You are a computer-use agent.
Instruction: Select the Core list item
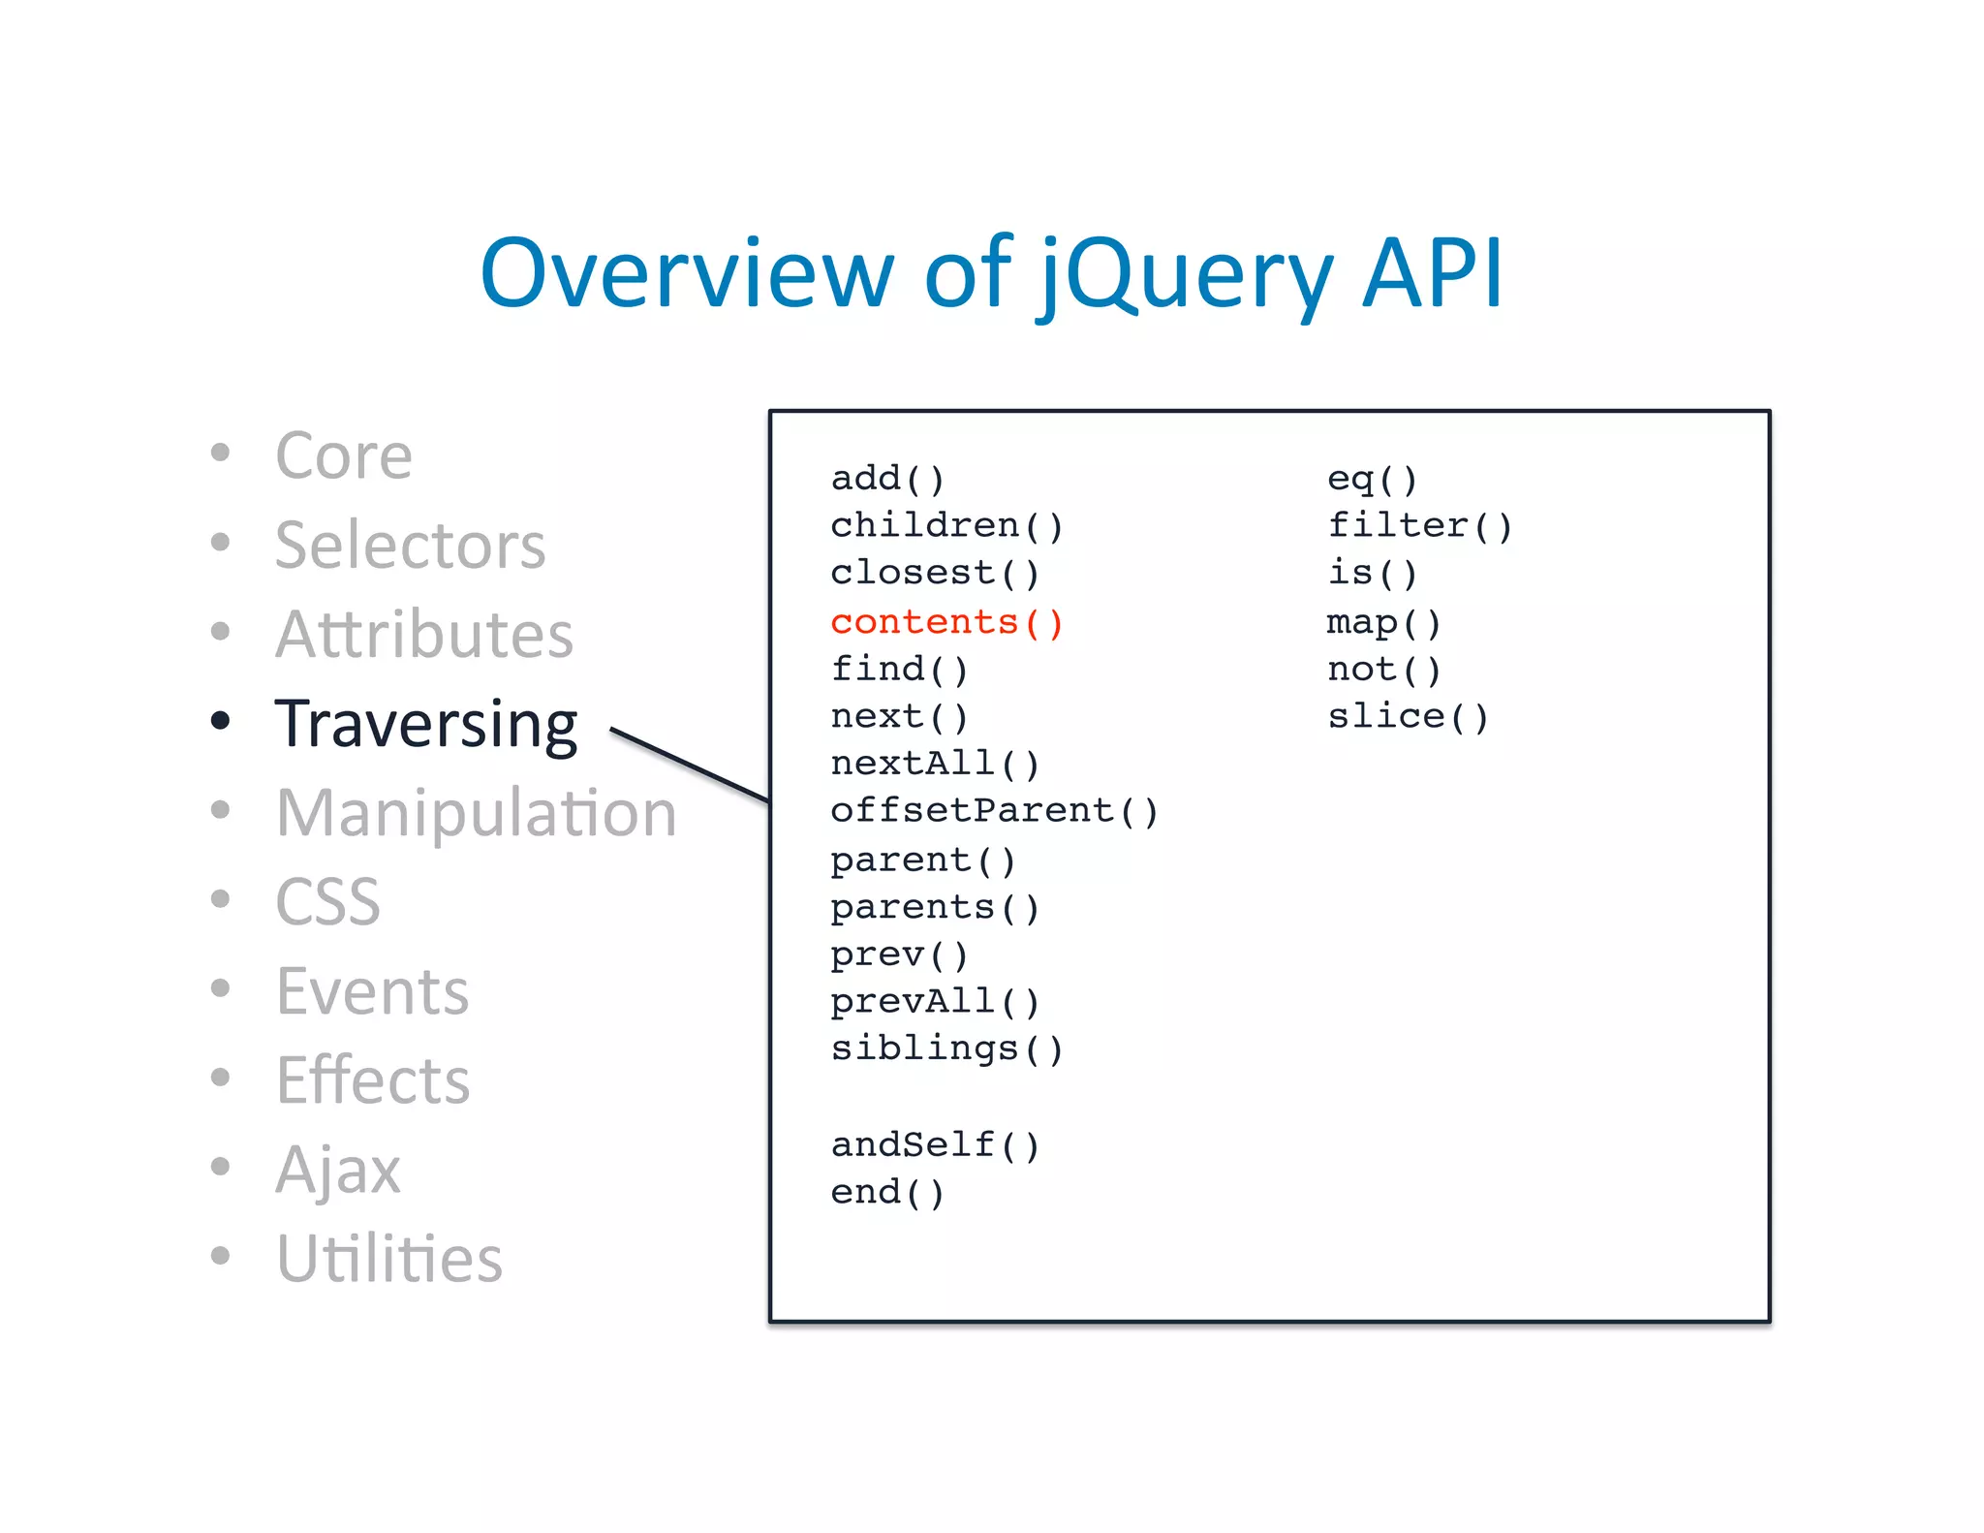pyautogui.click(x=344, y=455)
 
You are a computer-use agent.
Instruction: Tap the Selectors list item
pyautogui.click(x=410, y=545)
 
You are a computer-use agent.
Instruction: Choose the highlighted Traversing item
pyautogui.click(x=426, y=724)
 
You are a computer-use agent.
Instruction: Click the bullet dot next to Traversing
pyautogui.click(x=221, y=720)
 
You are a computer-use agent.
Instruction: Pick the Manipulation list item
pyautogui.click(x=476, y=813)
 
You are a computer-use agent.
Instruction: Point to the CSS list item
pyautogui.click(x=327, y=902)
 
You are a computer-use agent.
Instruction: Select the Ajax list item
pyautogui.click(x=337, y=1170)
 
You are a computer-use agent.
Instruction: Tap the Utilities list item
pyautogui.click(x=388, y=1259)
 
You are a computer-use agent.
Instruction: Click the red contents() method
pyautogui.click(x=946, y=622)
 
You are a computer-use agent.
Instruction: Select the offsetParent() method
pyautogui.click(x=994, y=810)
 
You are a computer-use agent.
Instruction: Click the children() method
pyautogui.click(x=946, y=525)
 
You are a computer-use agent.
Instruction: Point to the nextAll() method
pyautogui.click(x=935, y=764)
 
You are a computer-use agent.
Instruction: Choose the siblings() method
pyautogui.click(x=946, y=1048)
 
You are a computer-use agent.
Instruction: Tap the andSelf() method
pyautogui.click(x=935, y=1144)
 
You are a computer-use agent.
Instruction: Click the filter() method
pyautogui.click(x=1419, y=525)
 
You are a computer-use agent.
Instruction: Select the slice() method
pyautogui.click(x=1408, y=716)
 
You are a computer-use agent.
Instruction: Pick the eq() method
pyautogui.click(x=1372, y=478)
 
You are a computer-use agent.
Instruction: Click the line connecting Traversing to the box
pyautogui.click(x=690, y=766)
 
